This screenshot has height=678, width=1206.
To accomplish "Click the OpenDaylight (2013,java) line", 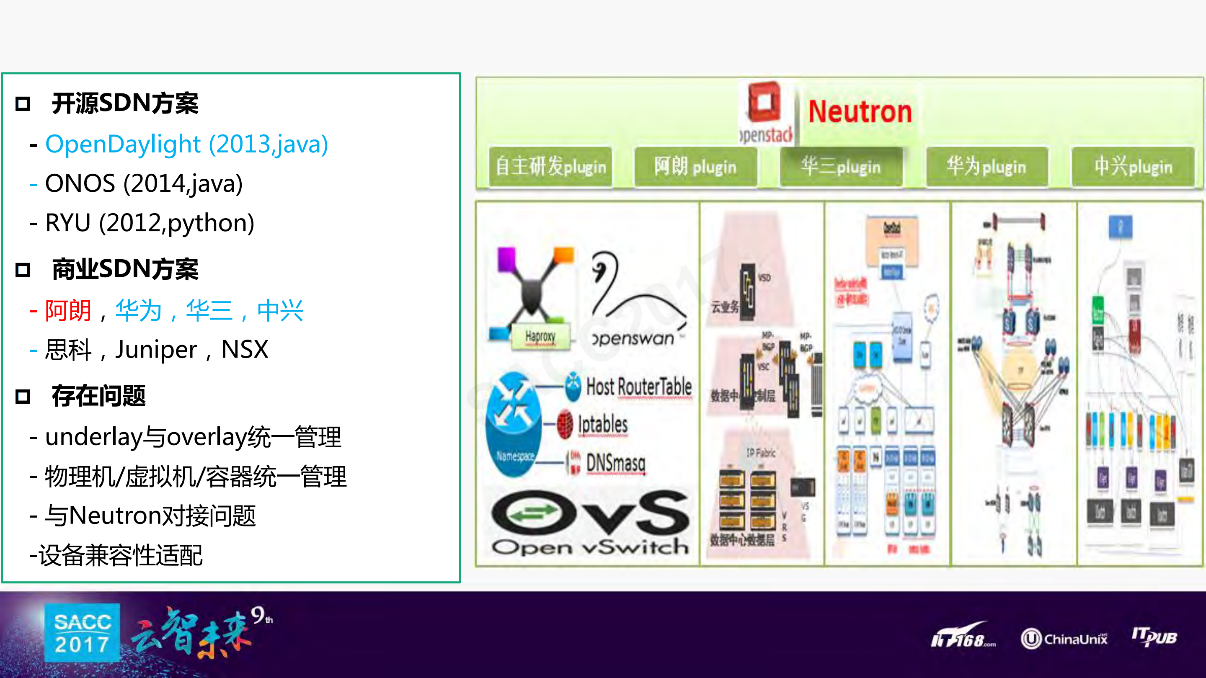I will click(186, 144).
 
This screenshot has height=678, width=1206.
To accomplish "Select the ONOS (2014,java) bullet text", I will click(144, 183).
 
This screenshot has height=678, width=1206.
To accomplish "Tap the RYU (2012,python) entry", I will click(150, 223).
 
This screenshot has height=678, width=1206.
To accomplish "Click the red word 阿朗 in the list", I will click(68, 311).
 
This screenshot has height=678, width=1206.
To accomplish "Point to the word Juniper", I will click(156, 350).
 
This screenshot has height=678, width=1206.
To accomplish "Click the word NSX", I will click(244, 350).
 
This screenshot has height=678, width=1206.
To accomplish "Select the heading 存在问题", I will click(98, 396).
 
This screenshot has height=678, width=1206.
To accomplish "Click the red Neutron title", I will click(860, 112).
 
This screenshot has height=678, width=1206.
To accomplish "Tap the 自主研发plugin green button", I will click(550, 167).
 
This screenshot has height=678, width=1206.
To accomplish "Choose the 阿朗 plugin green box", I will click(696, 167).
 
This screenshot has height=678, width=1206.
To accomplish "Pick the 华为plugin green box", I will click(987, 167).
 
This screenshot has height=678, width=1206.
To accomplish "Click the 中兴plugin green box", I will click(1133, 167).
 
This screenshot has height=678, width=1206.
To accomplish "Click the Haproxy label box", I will click(540, 336).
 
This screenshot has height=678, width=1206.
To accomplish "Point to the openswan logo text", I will click(633, 338).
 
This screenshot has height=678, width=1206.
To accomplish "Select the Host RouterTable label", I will click(638, 387).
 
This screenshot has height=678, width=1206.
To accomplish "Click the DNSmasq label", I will click(615, 463).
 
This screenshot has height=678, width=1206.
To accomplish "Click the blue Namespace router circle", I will click(514, 423).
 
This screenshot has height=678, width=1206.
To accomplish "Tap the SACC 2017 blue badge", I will click(83, 633).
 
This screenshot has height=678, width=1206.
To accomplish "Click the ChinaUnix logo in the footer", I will click(1064, 639).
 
